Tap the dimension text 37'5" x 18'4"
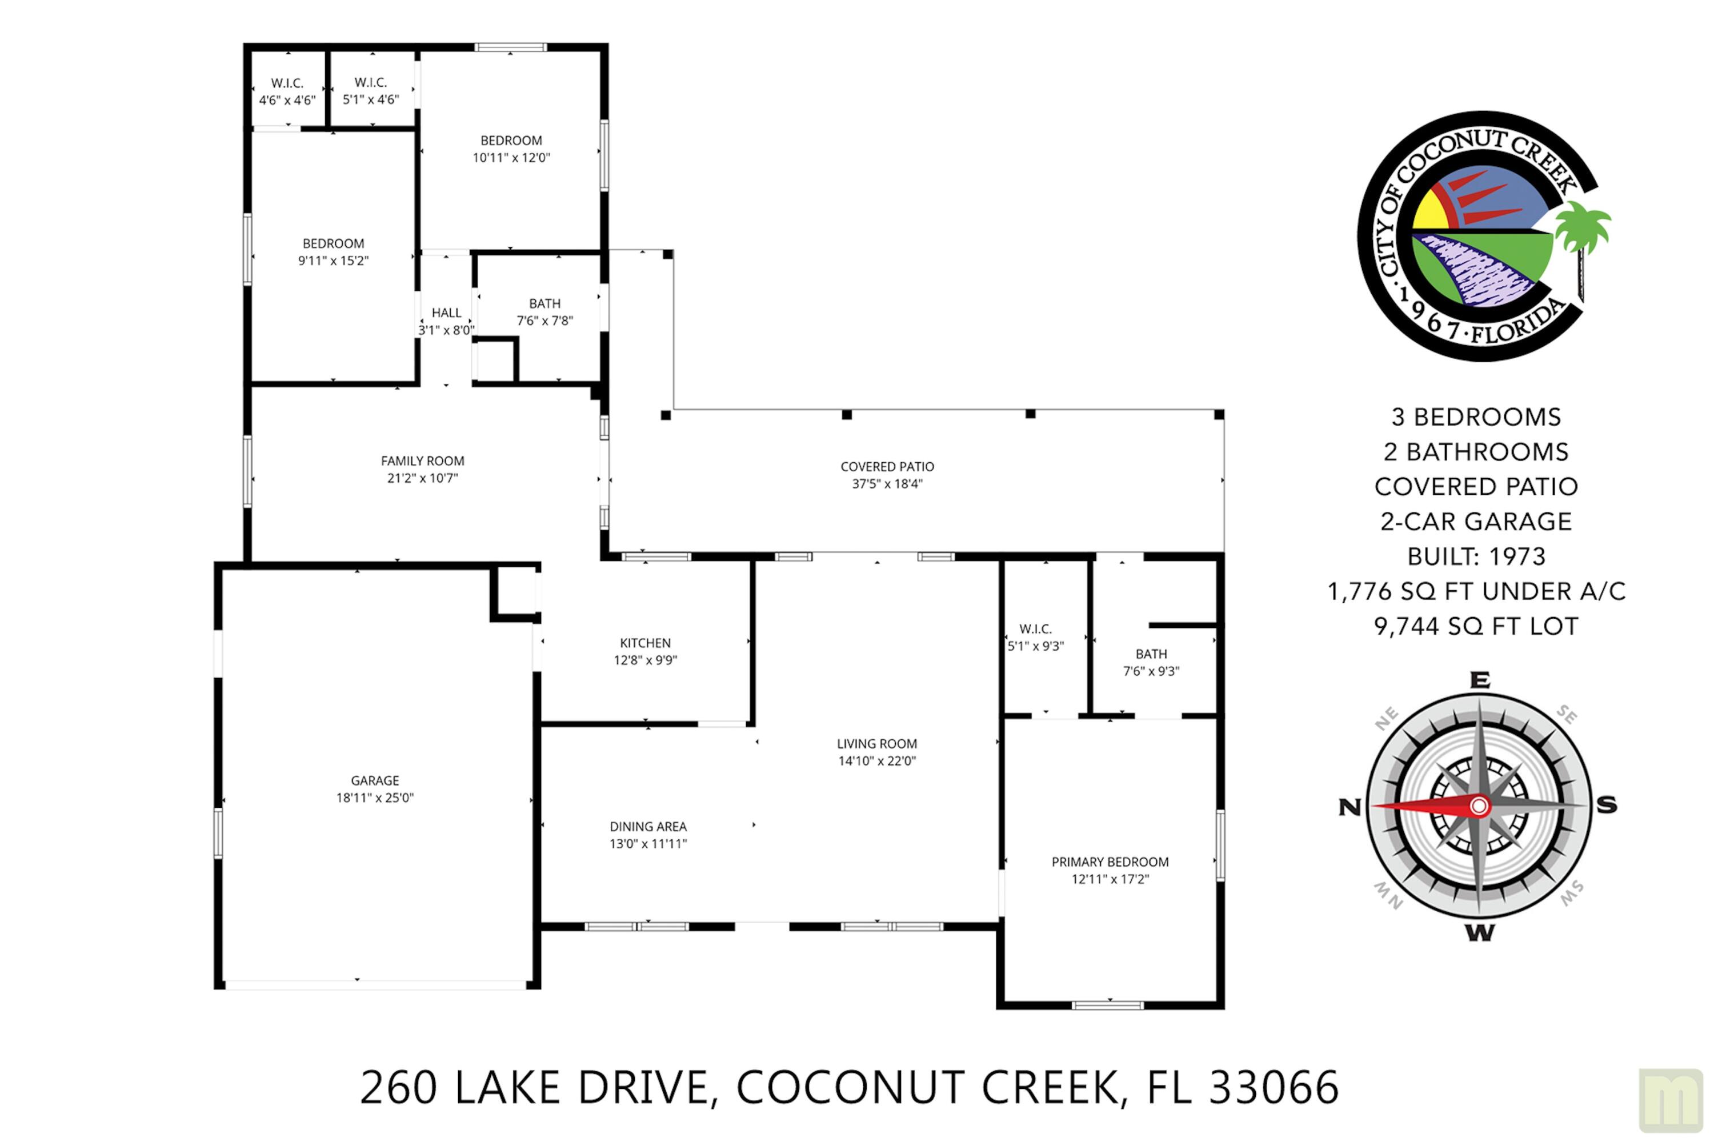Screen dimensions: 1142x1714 (887, 484)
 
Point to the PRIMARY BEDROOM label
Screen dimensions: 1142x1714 (1110, 861)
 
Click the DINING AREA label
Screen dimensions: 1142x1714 (647, 827)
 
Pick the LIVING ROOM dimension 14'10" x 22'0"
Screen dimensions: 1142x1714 (876, 761)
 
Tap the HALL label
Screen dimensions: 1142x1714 (446, 312)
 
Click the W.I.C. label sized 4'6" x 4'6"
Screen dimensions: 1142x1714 (287, 83)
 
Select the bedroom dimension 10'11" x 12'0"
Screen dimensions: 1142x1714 (511, 157)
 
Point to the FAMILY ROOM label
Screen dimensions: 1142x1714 (422, 461)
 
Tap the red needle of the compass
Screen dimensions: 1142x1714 (1420, 806)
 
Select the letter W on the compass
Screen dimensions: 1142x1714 (1479, 933)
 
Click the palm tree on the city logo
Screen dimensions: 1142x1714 (1582, 230)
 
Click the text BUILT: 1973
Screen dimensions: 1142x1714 (1476, 556)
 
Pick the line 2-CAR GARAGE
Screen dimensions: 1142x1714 (1476, 522)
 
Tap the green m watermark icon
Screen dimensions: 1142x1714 (1671, 1100)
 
